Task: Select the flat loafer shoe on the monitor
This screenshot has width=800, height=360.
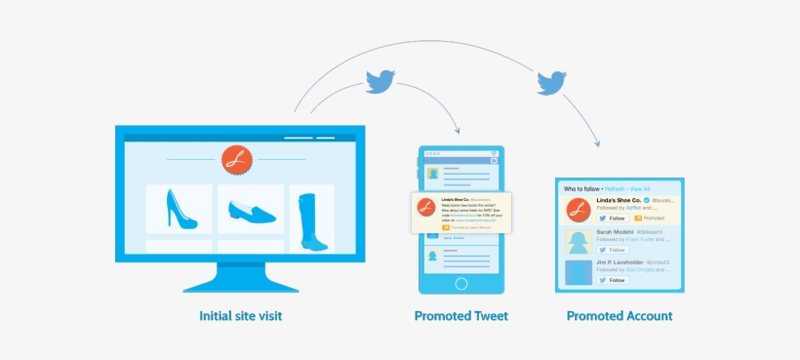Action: pyautogui.click(x=251, y=209)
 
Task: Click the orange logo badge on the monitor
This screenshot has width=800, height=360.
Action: pyautogui.click(x=235, y=159)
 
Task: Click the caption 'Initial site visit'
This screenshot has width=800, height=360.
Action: pyautogui.click(x=241, y=316)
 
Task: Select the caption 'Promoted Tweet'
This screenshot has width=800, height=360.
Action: pyautogui.click(x=460, y=316)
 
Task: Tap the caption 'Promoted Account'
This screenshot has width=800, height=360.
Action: pyautogui.click(x=619, y=316)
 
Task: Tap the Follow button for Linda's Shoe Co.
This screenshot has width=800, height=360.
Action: pyautogui.click(x=612, y=219)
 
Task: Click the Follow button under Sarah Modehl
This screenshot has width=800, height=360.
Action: pyautogui.click(x=612, y=250)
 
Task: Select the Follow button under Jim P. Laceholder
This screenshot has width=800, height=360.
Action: pyautogui.click(x=612, y=280)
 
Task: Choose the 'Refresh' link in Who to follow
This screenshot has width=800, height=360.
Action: pyautogui.click(x=615, y=188)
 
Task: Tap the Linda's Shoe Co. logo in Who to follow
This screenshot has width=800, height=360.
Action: pyautogui.click(x=577, y=210)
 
